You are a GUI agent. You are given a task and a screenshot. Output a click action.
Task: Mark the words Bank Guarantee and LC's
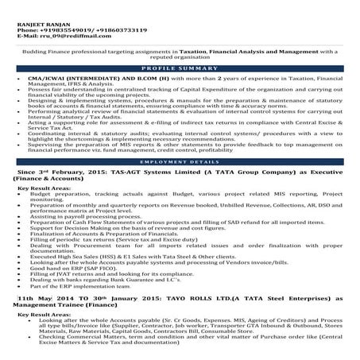tap(158, 281)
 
